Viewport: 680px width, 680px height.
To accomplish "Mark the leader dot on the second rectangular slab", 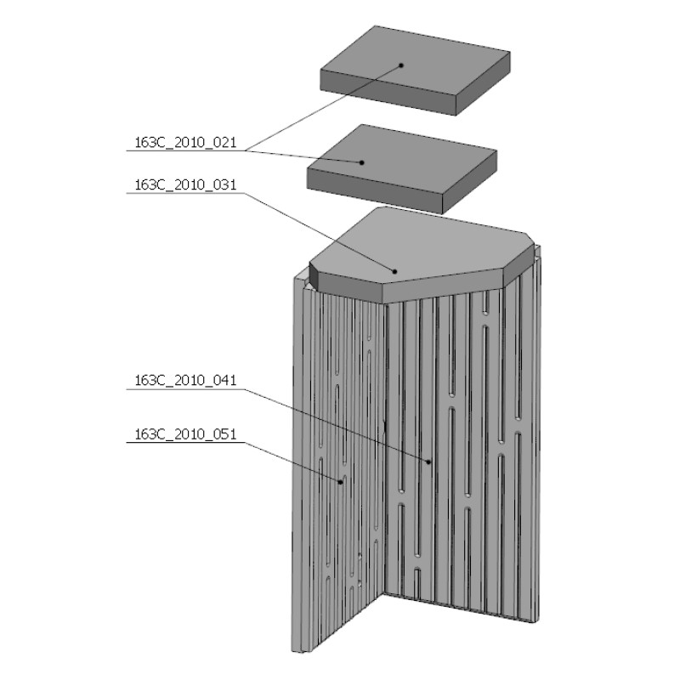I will click(x=362, y=161).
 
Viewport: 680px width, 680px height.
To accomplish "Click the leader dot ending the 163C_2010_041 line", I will click(x=429, y=461).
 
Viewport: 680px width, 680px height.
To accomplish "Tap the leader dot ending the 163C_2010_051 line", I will click(x=342, y=481).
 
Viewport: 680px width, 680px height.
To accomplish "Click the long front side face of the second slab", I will click(x=374, y=191).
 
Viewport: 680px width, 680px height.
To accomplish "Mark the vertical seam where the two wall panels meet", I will click(x=387, y=450).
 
